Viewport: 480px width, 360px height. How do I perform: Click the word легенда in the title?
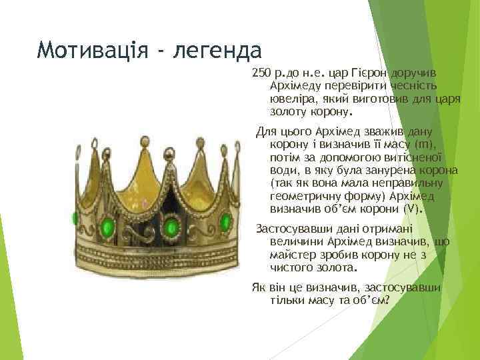212,49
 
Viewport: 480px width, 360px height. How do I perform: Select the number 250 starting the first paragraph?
261,72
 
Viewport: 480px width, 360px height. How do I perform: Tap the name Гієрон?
362,72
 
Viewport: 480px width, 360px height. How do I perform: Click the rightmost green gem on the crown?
226,221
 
